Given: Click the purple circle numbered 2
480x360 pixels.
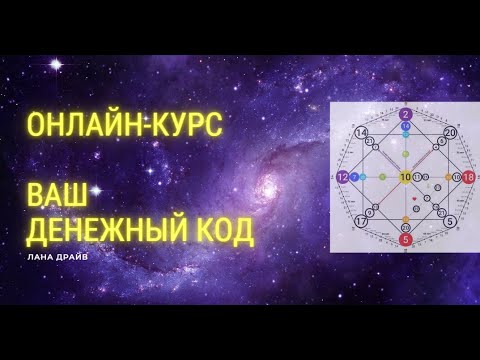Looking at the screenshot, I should click(406, 114).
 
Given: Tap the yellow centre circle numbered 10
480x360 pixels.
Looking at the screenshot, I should click(405, 177).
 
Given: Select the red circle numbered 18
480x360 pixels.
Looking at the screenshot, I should click(469, 177).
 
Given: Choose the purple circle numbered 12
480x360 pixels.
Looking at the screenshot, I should click(342, 177).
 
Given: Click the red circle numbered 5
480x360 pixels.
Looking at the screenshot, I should click(406, 240).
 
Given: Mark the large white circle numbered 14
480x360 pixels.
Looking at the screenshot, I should click(361, 132).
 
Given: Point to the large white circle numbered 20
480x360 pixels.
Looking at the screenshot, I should click(450, 132).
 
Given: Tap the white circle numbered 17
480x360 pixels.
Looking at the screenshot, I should click(360, 222).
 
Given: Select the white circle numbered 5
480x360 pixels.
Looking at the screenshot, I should click(450, 222).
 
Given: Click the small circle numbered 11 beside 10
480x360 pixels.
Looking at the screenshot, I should click(418, 177).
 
